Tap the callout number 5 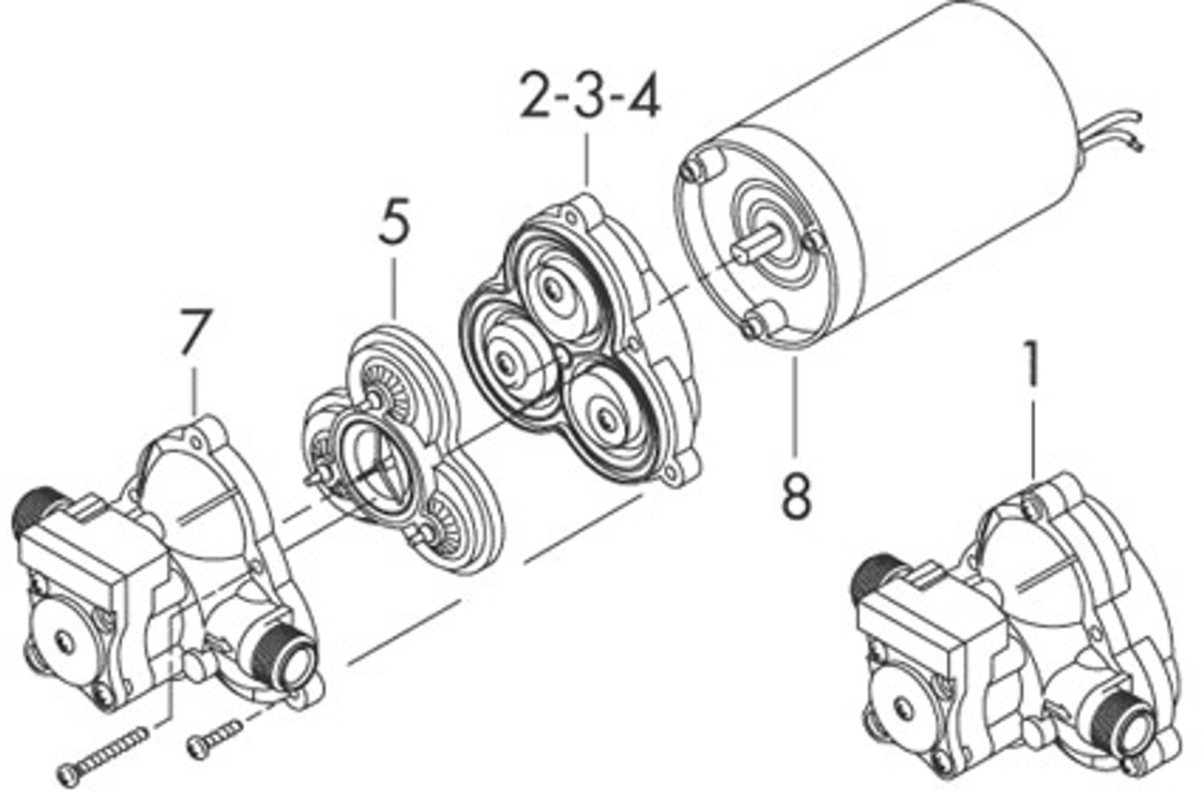pos(395,224)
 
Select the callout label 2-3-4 pos(590,98)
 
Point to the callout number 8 pos(796,496)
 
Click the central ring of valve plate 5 pos(371,461)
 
